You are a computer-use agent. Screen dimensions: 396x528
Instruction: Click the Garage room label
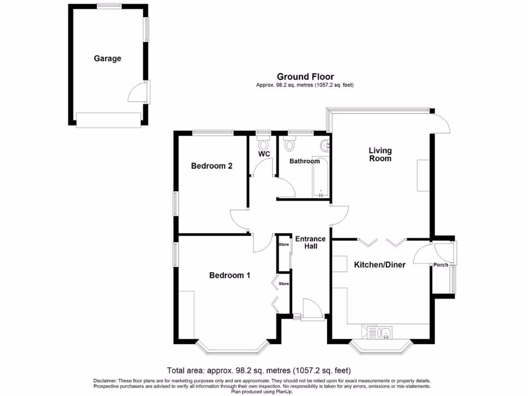[x=107, y=59]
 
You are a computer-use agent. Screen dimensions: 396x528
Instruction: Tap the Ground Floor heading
[x=305, y=77]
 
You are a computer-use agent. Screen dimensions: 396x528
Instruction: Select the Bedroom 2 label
[x=212, y=166]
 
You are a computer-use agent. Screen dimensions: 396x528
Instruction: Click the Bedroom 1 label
[x=229, y=275]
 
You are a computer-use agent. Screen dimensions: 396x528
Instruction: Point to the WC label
[x=264, y=154]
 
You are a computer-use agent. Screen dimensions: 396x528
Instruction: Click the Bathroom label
[x=304, y=161]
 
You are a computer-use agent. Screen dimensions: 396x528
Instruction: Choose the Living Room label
[x=380, y=155]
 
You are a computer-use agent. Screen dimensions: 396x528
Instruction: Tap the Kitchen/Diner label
[x=379, y=265]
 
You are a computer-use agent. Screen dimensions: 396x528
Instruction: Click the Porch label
[x=440, y=266]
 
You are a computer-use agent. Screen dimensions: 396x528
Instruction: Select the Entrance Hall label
[x=310, y=242]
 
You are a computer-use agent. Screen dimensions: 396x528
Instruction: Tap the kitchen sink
[x=384, y=331]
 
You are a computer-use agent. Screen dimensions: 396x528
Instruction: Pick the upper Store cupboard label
[x=284, y=244]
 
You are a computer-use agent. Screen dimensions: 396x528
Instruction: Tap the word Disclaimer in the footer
[x=106, y=381]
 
